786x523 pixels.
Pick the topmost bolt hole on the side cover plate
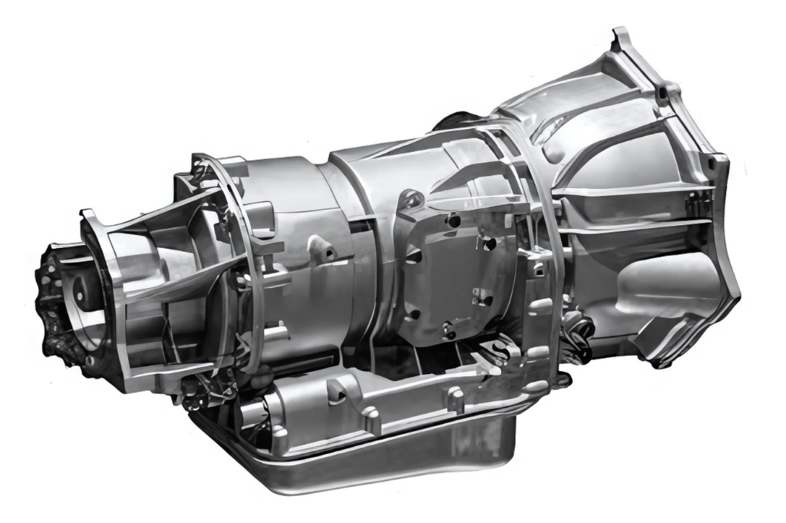(453, 221)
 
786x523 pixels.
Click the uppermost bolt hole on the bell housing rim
(661, 94)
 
